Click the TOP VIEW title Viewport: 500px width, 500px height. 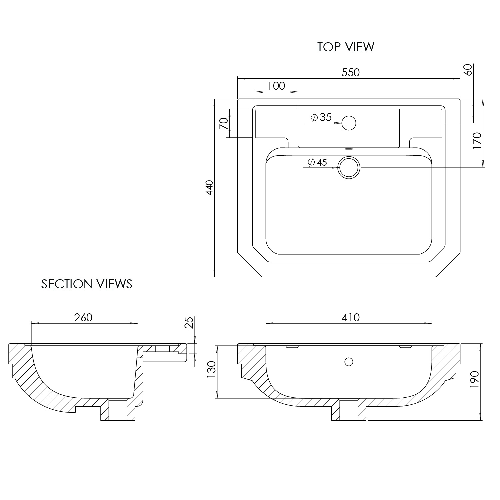tap(346, 47)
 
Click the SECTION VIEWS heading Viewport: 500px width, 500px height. tap(87, 284)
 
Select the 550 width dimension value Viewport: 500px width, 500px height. tap(351, 72)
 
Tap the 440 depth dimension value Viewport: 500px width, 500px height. tap(209, 188)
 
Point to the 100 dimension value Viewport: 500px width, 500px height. tap(276, 86)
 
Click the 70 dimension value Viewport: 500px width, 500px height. tap(224, 124)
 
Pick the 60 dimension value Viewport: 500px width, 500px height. tap(468, 70)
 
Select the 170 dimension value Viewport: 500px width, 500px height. tap(477, 141)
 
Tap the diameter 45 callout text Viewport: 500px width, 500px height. tap(317, 162)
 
